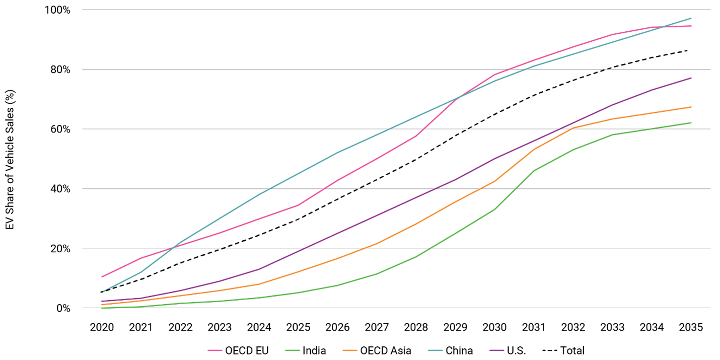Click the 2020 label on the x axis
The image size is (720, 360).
click(102, 327)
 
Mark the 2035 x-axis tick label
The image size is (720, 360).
click(691, 327)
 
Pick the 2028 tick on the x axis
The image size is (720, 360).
click(416, 327)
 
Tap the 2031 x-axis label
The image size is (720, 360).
click(534, 327)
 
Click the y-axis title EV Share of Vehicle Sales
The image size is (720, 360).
click(10, 159)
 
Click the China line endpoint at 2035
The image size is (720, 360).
click(691, 18)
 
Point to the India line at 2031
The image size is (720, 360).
click(534, 171)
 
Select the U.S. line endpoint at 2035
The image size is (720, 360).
click(691, 78)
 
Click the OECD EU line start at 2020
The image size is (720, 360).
click(102, 277)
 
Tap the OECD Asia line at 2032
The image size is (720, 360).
click(573, 128)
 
